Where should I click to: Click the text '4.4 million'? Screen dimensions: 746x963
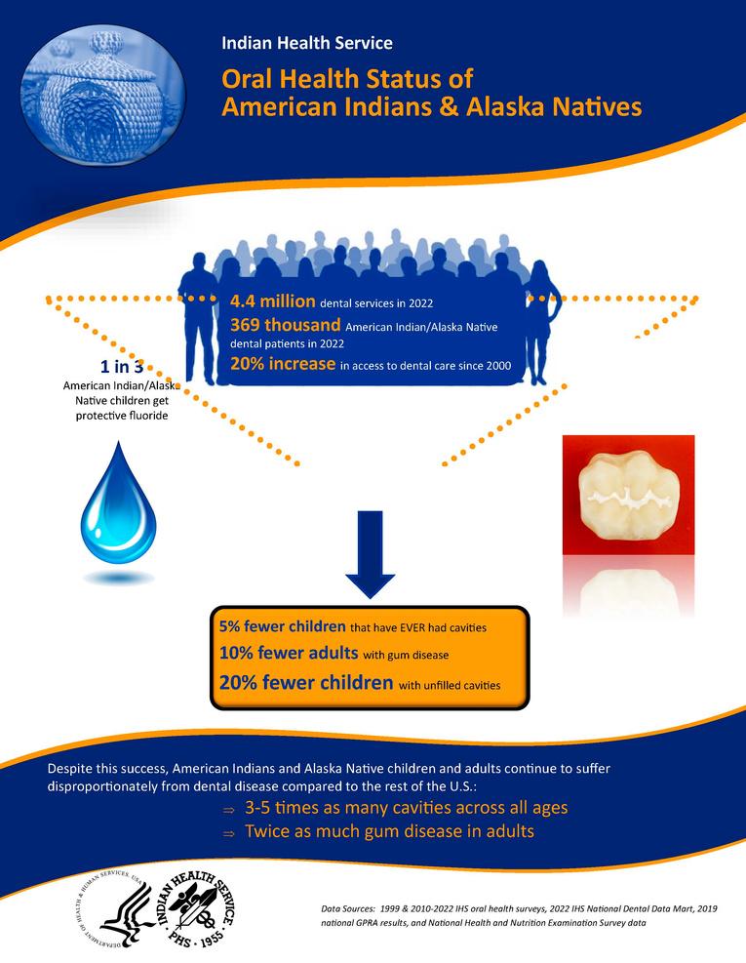(x=272, y=301)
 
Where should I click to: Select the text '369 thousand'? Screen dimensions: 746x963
(x=285, y=325)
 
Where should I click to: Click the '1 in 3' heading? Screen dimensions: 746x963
(x=123, y=367)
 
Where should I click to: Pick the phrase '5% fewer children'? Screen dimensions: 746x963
(x=282, y=625)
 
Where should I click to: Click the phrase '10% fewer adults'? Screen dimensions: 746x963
(x=275, y=653)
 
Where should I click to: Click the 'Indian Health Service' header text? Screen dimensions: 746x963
(x=307, y=43)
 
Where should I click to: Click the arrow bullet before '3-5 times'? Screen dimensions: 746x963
(x=228, y=810)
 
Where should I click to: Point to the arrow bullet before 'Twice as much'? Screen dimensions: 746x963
(x=228, y=834)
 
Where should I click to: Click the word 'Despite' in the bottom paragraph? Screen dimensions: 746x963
(x=73, y=769)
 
